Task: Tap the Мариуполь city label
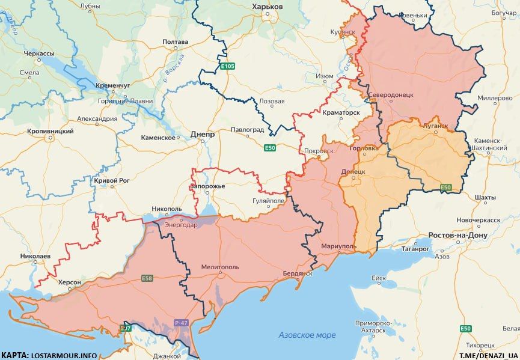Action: [339, 246]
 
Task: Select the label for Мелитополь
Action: [220, 266]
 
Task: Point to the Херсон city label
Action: [70, 281]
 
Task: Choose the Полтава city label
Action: [176, 42]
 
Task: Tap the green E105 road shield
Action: [227, 66]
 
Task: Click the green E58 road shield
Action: [147, 278]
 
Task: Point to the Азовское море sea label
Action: [307, 335]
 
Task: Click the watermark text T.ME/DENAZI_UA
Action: [489, 355]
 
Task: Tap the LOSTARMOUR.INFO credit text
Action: [63, 355]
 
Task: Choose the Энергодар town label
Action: [179, 225]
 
